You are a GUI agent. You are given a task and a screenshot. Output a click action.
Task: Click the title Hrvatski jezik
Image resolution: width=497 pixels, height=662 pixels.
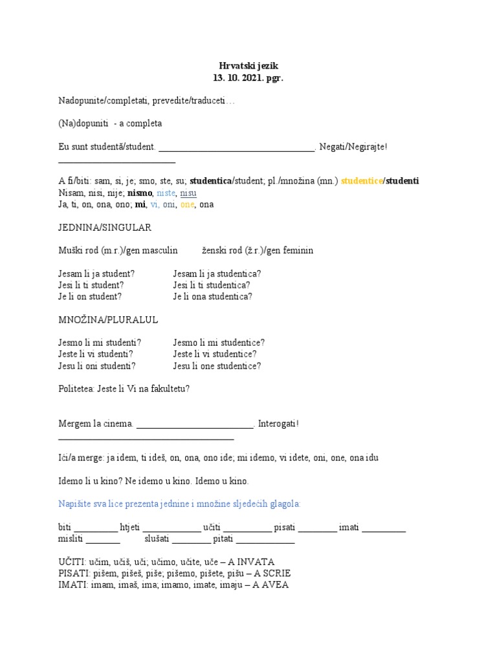pyautogui.click(x=248, y=66)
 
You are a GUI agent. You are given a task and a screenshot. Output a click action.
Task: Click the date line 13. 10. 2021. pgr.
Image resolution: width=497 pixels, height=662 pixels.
pyautogui.click(x=248, y=78)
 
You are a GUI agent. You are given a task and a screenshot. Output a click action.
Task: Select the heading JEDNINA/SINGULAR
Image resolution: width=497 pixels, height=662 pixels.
pyautogui.click(x=105, y=228)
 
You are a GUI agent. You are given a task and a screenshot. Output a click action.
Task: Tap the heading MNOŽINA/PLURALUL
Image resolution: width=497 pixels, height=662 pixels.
pyautogui.click(x=108, y=320)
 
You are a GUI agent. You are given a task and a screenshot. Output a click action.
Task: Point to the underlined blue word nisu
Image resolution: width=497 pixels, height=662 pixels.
pyautogui.click(x=188, y=193)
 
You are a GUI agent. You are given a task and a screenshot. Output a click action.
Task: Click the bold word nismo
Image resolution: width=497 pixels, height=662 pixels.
pyautogui.click(x=139, y=193)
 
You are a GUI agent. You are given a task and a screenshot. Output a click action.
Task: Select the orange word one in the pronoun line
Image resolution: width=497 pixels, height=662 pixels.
pyautogui.click(x=187, y=204)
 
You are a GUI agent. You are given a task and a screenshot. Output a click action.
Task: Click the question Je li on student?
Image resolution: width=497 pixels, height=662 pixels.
pyautogui.click(x=90, y=297)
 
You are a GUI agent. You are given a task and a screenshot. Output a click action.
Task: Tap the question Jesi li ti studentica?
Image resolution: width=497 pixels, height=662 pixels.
pyautogui.click(x=212, y=285)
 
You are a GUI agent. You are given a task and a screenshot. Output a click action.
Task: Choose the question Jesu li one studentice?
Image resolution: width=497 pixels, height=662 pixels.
pyautogui.click(x=217, y=366)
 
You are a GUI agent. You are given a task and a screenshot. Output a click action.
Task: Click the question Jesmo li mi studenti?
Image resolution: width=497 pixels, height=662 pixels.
pyautogui.click(x=100, y=343)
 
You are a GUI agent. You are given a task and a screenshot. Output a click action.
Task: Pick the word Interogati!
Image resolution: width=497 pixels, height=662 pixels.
pyautogui.click(x=278, y=424)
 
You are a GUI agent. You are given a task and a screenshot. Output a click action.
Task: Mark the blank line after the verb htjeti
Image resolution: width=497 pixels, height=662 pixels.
pyautogui.click(x=171, y=529)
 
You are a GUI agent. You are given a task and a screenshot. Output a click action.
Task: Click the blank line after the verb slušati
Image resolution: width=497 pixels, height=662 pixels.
pyautogui.click(x=192, y=540)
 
